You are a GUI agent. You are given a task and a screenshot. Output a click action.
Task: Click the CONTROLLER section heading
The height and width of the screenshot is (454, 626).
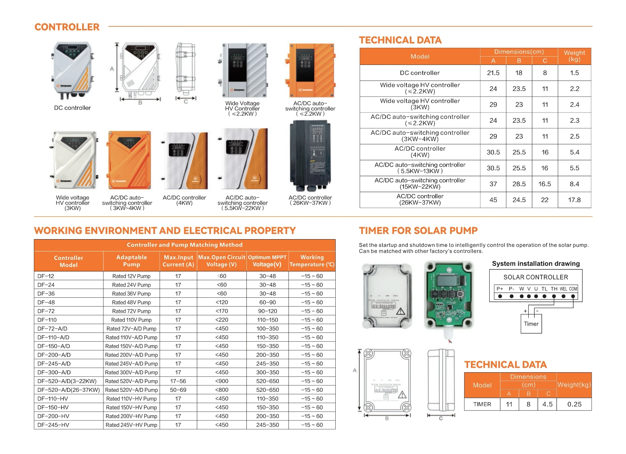pos(67,27)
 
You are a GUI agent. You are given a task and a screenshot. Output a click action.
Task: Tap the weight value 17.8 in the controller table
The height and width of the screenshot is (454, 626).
pos(574,200)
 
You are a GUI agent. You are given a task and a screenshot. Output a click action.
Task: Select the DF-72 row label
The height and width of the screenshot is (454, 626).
pos(46,311)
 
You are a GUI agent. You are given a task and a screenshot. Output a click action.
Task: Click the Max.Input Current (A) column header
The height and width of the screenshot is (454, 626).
pos(178,261)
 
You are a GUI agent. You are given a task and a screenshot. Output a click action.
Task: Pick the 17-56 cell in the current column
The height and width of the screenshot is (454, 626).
pos(178,381)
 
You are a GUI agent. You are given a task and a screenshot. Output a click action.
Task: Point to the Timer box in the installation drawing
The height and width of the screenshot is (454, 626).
pos(531,324)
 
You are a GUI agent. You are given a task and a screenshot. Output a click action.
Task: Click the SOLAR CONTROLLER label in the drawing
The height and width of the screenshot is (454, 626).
pos(535,277)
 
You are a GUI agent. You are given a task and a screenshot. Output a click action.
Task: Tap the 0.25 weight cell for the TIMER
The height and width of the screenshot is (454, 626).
pos(574,405)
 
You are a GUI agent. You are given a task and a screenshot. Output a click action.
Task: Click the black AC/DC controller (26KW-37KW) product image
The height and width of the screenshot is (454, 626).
pos(310,156)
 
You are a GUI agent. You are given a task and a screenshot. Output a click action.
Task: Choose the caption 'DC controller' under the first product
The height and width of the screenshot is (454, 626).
pos(73,108)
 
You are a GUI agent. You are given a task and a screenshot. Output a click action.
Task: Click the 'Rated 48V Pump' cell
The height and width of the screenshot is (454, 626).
pos(132,303)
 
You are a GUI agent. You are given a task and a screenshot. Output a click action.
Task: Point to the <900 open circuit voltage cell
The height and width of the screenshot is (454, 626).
pos(222,381)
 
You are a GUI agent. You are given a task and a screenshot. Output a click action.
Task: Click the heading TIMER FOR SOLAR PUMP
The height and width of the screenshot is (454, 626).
pos(418,231)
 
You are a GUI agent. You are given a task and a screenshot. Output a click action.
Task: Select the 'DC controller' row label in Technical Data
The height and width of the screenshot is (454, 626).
pos(419,73)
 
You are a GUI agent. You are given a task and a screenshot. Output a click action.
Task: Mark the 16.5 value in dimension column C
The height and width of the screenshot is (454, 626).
pos(545,184)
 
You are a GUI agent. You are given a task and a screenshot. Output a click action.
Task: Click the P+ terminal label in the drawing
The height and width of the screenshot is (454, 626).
pos(500,289)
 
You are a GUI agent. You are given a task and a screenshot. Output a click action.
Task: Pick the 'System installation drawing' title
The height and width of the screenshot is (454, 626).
pos(535,264)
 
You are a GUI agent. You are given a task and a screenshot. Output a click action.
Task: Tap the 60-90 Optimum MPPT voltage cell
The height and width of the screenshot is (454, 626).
pos(268,303)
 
